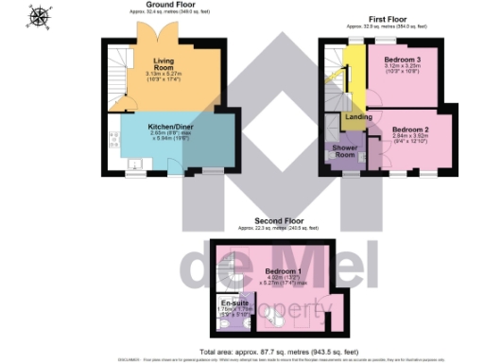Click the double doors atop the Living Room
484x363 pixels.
154,35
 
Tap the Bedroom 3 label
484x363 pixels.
402,60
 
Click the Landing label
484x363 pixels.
357,116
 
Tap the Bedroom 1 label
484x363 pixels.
274,271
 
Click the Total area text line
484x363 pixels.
268,350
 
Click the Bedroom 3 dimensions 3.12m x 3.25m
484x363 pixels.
402,71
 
